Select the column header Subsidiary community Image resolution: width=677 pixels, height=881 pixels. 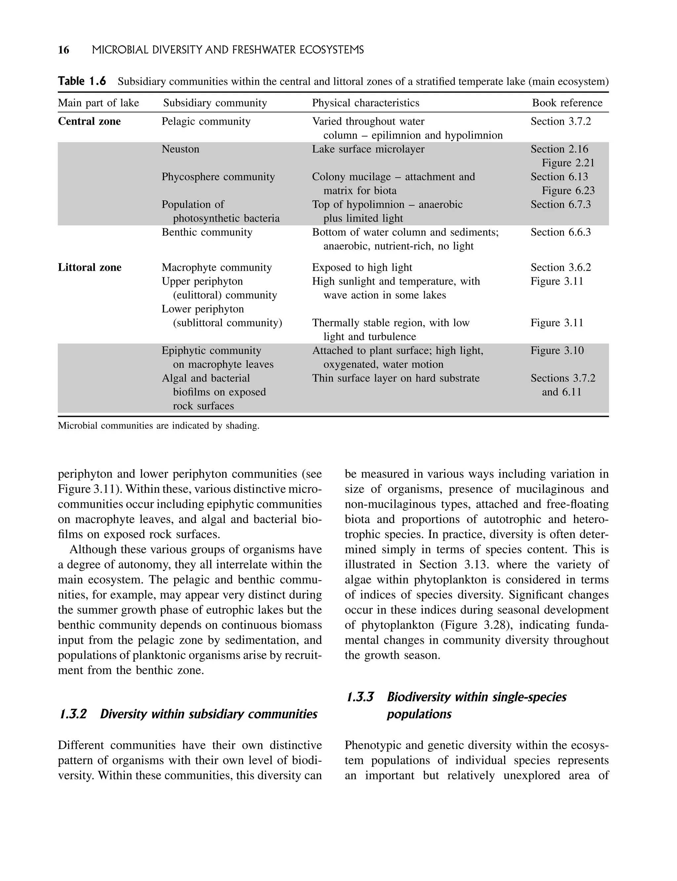tap(215, 103)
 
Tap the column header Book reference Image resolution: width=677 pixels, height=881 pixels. tap(567, 103)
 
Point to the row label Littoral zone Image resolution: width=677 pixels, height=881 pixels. tap(90, 267)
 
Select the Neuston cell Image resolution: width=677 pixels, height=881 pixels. tap(180, 149)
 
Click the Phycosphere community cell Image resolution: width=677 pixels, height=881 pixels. tap(218, 177)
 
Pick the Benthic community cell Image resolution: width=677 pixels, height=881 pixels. tap(207, 232)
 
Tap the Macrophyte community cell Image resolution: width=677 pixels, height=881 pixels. tap(217, 267)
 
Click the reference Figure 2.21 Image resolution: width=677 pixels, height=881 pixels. tap(568, 163)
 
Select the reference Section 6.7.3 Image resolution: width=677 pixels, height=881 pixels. tap(561, 204)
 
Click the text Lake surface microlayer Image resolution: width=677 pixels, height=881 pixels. tap(368, 149)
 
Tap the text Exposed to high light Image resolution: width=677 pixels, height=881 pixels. tap(362, 267)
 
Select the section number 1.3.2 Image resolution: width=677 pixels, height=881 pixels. tap(73, 714)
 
